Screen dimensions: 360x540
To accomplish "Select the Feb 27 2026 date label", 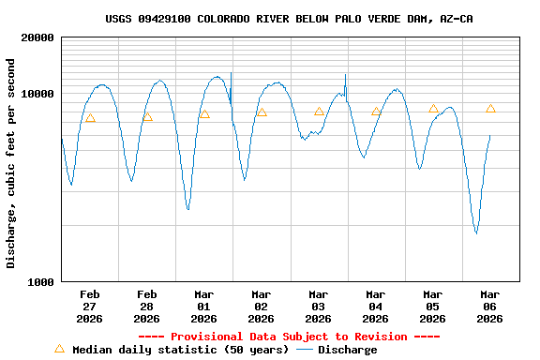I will pos(90,306).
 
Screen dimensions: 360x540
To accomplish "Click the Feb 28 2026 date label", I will pos(147,306).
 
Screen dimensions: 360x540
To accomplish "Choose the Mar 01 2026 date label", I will pos(204,306).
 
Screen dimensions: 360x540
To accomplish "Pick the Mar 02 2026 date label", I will pos(262,306).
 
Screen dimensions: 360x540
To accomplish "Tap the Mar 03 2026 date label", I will pos(319,306).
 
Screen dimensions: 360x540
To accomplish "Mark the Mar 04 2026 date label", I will pos(376,306).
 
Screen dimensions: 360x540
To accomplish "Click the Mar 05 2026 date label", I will pos(433,306).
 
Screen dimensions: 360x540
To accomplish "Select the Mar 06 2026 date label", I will pos(490,306).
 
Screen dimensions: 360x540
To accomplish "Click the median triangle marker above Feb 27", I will pos(90,118).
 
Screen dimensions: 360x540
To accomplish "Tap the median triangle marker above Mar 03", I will pos(319,112).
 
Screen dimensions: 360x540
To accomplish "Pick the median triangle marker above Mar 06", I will pos(490,109).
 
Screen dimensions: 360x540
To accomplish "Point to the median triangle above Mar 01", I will pos(204,114).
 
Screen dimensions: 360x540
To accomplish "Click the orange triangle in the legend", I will pos(59,349).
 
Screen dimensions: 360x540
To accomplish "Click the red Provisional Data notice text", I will pos(289,337).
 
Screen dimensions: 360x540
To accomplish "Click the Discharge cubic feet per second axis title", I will pos(11,163).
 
